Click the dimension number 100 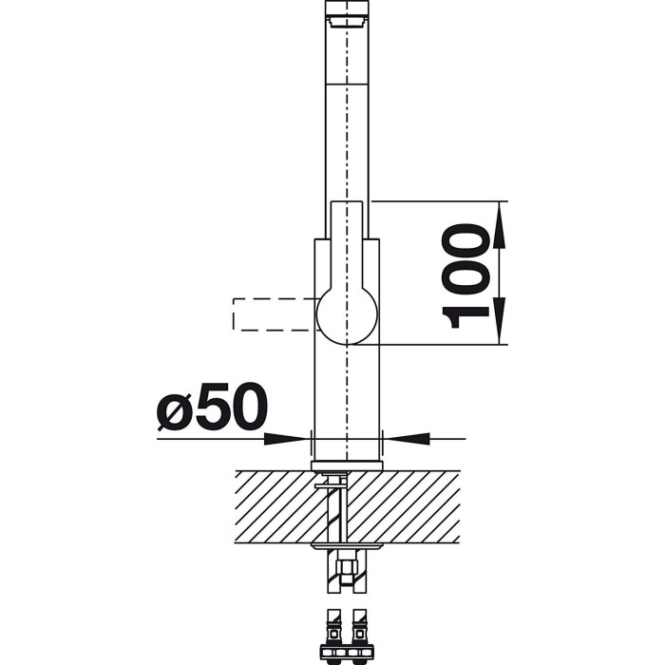465,275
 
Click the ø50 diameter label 212,407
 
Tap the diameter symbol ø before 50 174,410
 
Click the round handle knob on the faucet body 347,314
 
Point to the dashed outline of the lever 233,314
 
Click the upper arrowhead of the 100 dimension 500,225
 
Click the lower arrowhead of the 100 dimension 500,321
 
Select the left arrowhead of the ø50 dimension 285,439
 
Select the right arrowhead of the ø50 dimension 408,439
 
